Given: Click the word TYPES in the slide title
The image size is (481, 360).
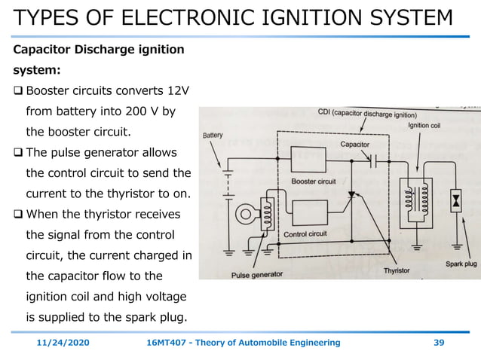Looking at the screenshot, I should tap(47, 17).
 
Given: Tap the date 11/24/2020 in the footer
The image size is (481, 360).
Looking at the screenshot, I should tap(63, 343).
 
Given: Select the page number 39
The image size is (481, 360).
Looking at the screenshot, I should tap(440, 343).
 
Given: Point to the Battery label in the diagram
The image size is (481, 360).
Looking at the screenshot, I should tap(213, 135).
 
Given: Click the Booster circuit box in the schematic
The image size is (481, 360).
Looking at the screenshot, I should tap(308, 160).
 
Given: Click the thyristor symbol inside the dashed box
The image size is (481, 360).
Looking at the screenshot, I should tap(351, 195).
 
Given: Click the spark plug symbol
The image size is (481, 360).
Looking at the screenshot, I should tap(455, 201).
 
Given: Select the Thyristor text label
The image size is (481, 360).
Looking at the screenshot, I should tap(397, 270).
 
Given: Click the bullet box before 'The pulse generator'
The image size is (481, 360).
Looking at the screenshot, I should tap(18, 153).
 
